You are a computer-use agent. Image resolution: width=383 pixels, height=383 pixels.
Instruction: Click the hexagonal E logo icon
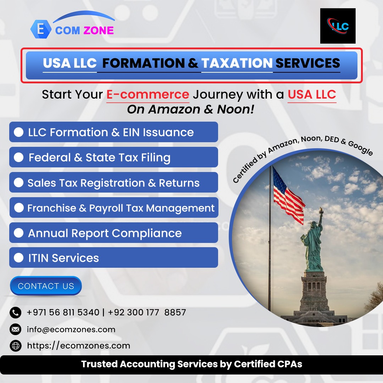[x=41, y=29]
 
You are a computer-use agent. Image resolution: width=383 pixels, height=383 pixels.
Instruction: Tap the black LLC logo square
[x=338, y=26]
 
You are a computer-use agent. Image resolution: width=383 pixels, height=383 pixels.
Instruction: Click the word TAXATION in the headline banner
[x=237, y=63]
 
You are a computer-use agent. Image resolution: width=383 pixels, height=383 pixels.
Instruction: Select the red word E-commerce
[x=148, y=95]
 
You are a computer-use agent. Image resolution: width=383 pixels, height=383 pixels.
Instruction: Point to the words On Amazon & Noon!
[x=190, y=109]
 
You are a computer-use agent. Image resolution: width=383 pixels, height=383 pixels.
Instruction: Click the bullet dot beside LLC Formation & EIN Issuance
[x=18, y=132]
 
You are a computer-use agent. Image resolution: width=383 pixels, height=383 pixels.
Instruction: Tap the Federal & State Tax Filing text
[x=99, y=157]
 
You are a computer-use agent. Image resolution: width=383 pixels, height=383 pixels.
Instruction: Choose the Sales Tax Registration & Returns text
[x=113, y=183]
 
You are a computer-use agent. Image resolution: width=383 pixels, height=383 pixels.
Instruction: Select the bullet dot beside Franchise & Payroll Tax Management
[x=19, y=207]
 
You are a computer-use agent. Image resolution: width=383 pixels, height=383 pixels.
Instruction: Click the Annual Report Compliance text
[x=105, y=233]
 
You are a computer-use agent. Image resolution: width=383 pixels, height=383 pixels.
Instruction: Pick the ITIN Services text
[x=63, y=258]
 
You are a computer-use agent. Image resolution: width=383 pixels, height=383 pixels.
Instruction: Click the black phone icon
[x=15, y=312]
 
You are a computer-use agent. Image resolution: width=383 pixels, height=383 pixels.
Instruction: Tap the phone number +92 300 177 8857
[x=147, y=312]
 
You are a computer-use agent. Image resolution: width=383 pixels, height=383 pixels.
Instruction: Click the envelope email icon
[x=15, y=329]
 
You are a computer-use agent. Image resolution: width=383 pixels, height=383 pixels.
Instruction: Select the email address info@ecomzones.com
[x=71, y=329]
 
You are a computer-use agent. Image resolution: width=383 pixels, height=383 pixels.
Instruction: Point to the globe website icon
[x=15, y=346]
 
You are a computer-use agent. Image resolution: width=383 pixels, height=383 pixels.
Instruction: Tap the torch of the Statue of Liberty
[x=321, y=210]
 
